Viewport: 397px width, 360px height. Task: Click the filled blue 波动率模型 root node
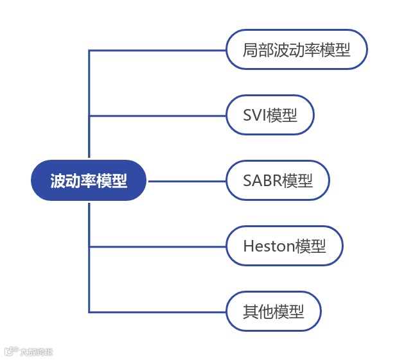(x=89, y=180)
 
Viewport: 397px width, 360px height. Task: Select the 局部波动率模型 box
(x=296, y=49)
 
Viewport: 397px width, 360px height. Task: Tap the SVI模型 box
(x=270, y=116)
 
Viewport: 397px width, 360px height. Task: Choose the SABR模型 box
(x=278, y=181)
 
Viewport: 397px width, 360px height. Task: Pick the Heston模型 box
(x=284, y=246)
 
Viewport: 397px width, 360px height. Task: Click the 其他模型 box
(x=273, y=312)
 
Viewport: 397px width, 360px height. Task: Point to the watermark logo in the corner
(x=28, y=352)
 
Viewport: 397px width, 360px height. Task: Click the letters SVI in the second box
(x=255, y=116)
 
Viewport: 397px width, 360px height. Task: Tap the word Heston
(x=269, y=246)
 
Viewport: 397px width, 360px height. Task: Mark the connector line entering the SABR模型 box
(x=186, y=181)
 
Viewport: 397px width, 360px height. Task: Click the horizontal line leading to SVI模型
(x=157, y=116)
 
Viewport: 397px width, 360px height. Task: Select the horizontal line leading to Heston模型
(x=157, y=246)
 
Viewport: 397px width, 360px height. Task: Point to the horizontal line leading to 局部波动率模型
(x=157, y=50)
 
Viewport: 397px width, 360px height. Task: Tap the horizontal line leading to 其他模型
(x=157, y=312)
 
